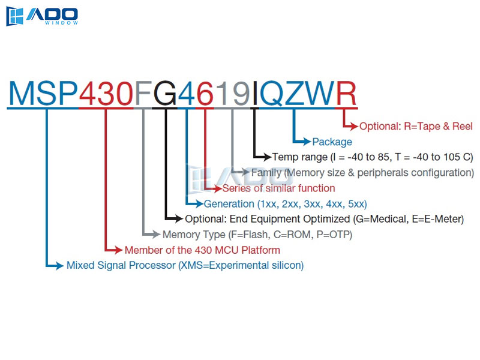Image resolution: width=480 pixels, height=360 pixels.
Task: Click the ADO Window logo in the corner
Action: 42,16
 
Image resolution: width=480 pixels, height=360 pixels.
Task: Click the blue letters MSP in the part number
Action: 43,94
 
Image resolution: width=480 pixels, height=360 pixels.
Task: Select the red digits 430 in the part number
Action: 106,94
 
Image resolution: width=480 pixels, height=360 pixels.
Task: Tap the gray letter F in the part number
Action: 143,94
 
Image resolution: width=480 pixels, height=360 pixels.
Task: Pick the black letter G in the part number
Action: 164,94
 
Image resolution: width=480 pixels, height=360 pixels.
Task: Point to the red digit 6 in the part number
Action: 205,94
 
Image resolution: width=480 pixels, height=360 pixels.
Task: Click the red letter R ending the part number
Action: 346,94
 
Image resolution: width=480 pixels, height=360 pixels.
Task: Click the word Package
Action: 332,142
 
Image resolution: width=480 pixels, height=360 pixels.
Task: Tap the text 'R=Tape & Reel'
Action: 438,126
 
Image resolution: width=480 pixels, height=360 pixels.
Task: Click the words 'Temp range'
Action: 299,157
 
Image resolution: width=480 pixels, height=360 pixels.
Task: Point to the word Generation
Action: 229,204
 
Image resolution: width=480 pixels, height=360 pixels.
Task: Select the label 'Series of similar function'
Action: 278,188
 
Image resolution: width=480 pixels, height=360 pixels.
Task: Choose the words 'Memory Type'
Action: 194,235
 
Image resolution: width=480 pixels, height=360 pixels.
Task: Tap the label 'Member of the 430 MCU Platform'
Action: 202,250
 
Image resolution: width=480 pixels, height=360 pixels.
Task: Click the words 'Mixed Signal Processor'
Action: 121,265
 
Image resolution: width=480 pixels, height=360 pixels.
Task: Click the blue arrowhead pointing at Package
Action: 307,142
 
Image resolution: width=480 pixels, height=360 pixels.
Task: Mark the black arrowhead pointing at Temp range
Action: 266,157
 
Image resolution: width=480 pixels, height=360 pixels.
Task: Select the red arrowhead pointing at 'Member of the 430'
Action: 118,250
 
